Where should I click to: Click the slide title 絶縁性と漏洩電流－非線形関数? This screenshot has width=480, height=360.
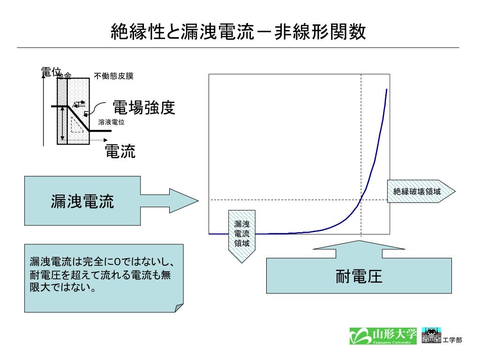coord(238,32)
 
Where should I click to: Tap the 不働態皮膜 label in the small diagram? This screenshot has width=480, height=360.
coord(114,76)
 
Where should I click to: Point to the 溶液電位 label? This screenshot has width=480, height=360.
coord(111,122)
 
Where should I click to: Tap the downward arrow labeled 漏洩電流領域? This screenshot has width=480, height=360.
coord(242,234)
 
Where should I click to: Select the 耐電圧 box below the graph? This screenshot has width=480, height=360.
coord(359,276)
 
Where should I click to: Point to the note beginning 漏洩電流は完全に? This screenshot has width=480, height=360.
coord(103,277)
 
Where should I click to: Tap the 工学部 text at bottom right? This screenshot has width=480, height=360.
coord(452,340)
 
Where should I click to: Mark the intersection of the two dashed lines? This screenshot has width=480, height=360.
coord(361,200)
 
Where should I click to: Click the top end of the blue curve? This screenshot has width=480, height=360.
coord(387,89)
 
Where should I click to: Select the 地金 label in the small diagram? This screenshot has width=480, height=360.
coord(64,75)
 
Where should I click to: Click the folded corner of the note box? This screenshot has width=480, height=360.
coord(178,307)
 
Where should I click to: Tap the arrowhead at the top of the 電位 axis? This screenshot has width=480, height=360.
coord(44,76)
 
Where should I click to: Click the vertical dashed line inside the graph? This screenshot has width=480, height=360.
coord(361,141)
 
